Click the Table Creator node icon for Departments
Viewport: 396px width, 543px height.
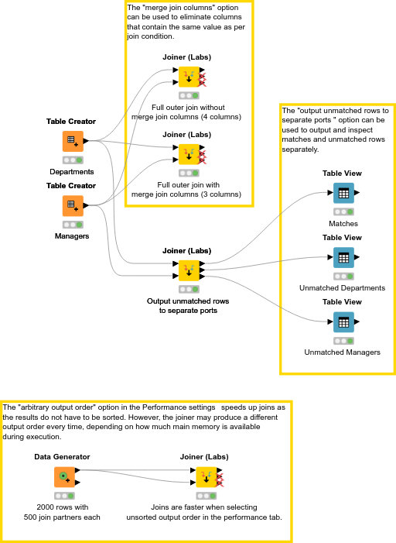point(72,141)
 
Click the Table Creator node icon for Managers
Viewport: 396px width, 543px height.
point(72,205)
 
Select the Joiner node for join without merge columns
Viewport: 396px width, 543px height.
point(189,77)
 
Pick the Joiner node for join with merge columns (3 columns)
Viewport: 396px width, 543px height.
point(189,154)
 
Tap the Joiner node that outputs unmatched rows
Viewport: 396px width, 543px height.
point(189,270)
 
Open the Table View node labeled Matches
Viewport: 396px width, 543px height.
point(343,193)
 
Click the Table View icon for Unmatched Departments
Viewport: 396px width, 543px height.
point(343,257)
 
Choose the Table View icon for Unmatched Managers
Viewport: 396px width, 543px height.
point(343,321)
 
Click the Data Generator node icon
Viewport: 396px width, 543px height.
point(64,476)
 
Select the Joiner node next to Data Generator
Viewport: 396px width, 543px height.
point(206,476)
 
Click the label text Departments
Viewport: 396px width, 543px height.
point(72,172)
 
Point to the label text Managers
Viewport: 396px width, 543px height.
point(72,236)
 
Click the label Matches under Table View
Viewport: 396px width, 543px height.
point(343,224)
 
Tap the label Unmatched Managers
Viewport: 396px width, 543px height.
point(343,352)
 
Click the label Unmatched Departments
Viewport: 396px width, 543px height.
point(343,288)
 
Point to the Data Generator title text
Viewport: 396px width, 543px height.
point(62,457)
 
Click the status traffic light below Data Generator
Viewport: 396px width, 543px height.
point(64,496)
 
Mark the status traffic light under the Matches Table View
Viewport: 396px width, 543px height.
point(343,211)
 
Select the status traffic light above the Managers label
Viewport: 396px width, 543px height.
point(73,224)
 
